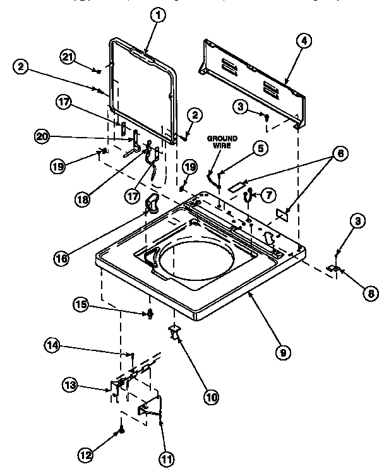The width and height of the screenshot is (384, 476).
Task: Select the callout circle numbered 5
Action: (259, 148)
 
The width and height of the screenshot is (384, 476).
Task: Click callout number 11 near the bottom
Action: (165, 460)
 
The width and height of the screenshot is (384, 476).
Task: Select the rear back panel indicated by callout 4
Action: (253, 79)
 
